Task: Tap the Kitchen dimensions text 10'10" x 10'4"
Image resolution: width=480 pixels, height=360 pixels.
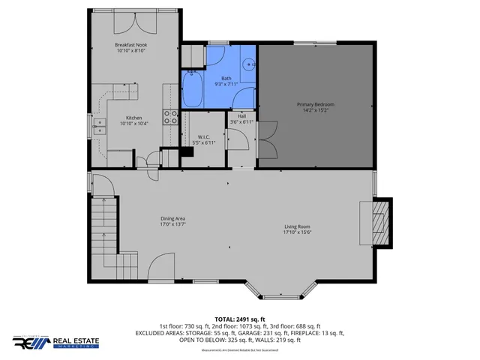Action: tap(133, 124)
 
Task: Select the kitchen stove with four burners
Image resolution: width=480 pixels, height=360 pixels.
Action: tap(171, 117)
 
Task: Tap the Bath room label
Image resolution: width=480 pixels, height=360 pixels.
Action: tap(226, 78)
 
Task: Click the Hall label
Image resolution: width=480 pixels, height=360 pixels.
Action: tap(241, 116)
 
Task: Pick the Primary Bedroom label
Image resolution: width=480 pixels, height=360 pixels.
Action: tap(315, 103)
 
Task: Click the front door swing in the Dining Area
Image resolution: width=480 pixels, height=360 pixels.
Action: tap(162, 267)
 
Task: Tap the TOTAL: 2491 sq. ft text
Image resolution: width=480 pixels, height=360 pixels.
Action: tap(239, 319)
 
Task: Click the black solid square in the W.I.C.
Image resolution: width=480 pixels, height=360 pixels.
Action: tap(187, 151)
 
